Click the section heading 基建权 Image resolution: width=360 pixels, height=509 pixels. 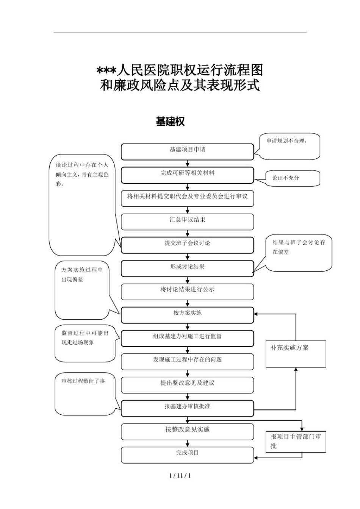tap(170, 122)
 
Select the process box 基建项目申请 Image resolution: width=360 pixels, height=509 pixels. tap(187, 151)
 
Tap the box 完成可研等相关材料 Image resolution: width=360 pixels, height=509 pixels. tap(187, 175)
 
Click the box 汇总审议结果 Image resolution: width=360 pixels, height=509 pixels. tap(187, 222)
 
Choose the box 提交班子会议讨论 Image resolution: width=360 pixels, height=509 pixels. tap(187, 245)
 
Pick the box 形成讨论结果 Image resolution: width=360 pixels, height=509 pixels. tap(187, 268)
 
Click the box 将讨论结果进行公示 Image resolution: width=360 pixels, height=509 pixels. tap(187, 292)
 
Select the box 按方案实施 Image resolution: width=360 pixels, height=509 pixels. tap(187, 315)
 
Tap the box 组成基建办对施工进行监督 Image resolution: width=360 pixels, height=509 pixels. tap(187, 338)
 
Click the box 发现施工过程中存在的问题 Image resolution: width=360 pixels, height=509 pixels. tap(187, 362)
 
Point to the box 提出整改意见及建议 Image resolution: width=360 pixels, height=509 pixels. tap(187, 385)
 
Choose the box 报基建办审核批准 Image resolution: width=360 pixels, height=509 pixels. tap(187, 408)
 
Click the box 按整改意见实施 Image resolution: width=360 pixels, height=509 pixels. tap(187, 431)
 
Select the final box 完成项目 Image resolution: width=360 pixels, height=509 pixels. tap(187, 455)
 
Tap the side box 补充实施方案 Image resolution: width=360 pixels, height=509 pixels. tap(296, 354)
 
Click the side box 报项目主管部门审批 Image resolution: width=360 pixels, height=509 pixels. tap(296, 441)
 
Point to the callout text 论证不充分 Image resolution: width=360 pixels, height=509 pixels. tap(286, 178)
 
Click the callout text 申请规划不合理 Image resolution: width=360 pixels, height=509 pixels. tap(286, 141)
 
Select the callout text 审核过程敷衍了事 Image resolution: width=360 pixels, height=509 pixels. tap(83, 381)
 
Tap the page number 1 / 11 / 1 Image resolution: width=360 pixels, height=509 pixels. tap(180, 475)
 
